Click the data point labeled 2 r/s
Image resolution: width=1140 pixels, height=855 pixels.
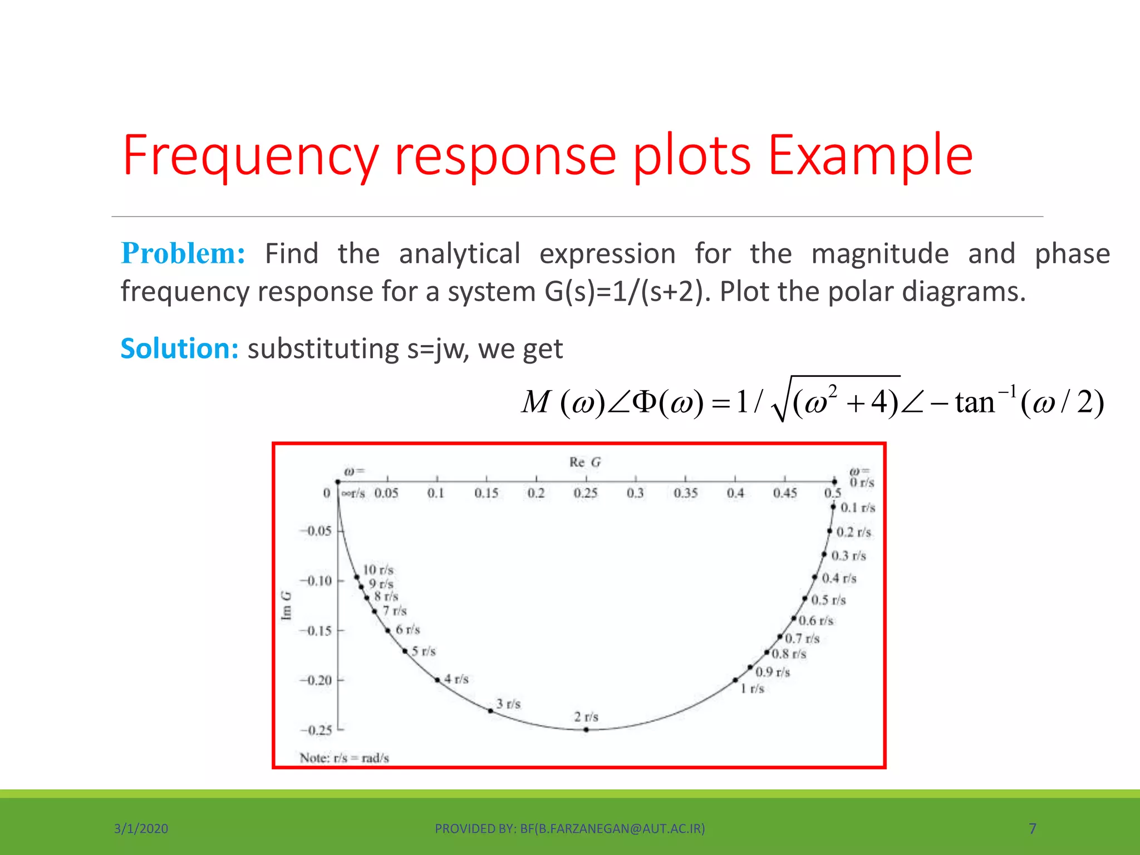click(586, 729)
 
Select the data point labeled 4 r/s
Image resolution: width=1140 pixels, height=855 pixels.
click(438, 680)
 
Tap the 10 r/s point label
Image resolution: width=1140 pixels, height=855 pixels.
click(378, 569)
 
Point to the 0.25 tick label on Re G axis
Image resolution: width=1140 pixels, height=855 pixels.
click(585, 493)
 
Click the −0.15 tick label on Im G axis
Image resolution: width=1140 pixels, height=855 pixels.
click(316, 631)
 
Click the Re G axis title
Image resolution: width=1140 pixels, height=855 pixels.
click(584, 462)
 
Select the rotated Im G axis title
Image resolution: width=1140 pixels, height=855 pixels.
click(286, 605)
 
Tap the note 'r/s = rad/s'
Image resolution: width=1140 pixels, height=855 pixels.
click(344, 758)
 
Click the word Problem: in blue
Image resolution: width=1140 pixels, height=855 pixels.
click(183, 254)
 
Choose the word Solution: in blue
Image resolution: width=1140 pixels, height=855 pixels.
click(179, 349)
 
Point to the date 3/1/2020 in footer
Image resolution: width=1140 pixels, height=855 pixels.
click(141, 828)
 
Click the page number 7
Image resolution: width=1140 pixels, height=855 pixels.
click(1032, 828)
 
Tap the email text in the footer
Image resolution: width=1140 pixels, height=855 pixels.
click(612, 828)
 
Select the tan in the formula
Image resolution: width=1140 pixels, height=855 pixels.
click(974, 402)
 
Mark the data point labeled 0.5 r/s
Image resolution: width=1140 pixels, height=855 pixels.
click(805, 598)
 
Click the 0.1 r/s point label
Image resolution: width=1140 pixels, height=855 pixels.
click(857, 507)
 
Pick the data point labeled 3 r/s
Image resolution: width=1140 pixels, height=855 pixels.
click(490, 711)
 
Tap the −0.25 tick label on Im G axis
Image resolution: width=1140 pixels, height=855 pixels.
click(316, 730)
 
